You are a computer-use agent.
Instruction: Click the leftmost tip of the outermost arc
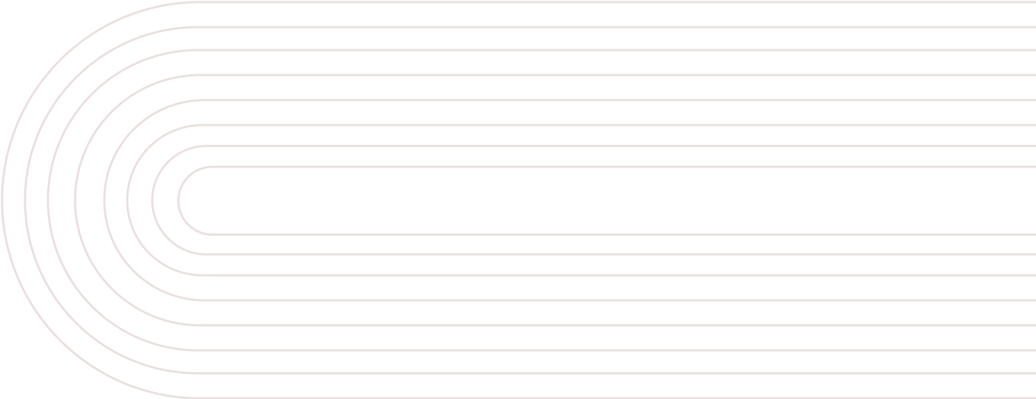click(x=2, y=199)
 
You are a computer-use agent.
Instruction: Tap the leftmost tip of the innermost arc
click(x=179, y=200)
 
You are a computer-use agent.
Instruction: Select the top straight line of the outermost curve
click(x=556, y=2)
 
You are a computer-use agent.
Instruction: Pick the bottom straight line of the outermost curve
click(x=556, y=397)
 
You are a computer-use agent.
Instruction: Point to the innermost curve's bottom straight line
click(x=556, y=234)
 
